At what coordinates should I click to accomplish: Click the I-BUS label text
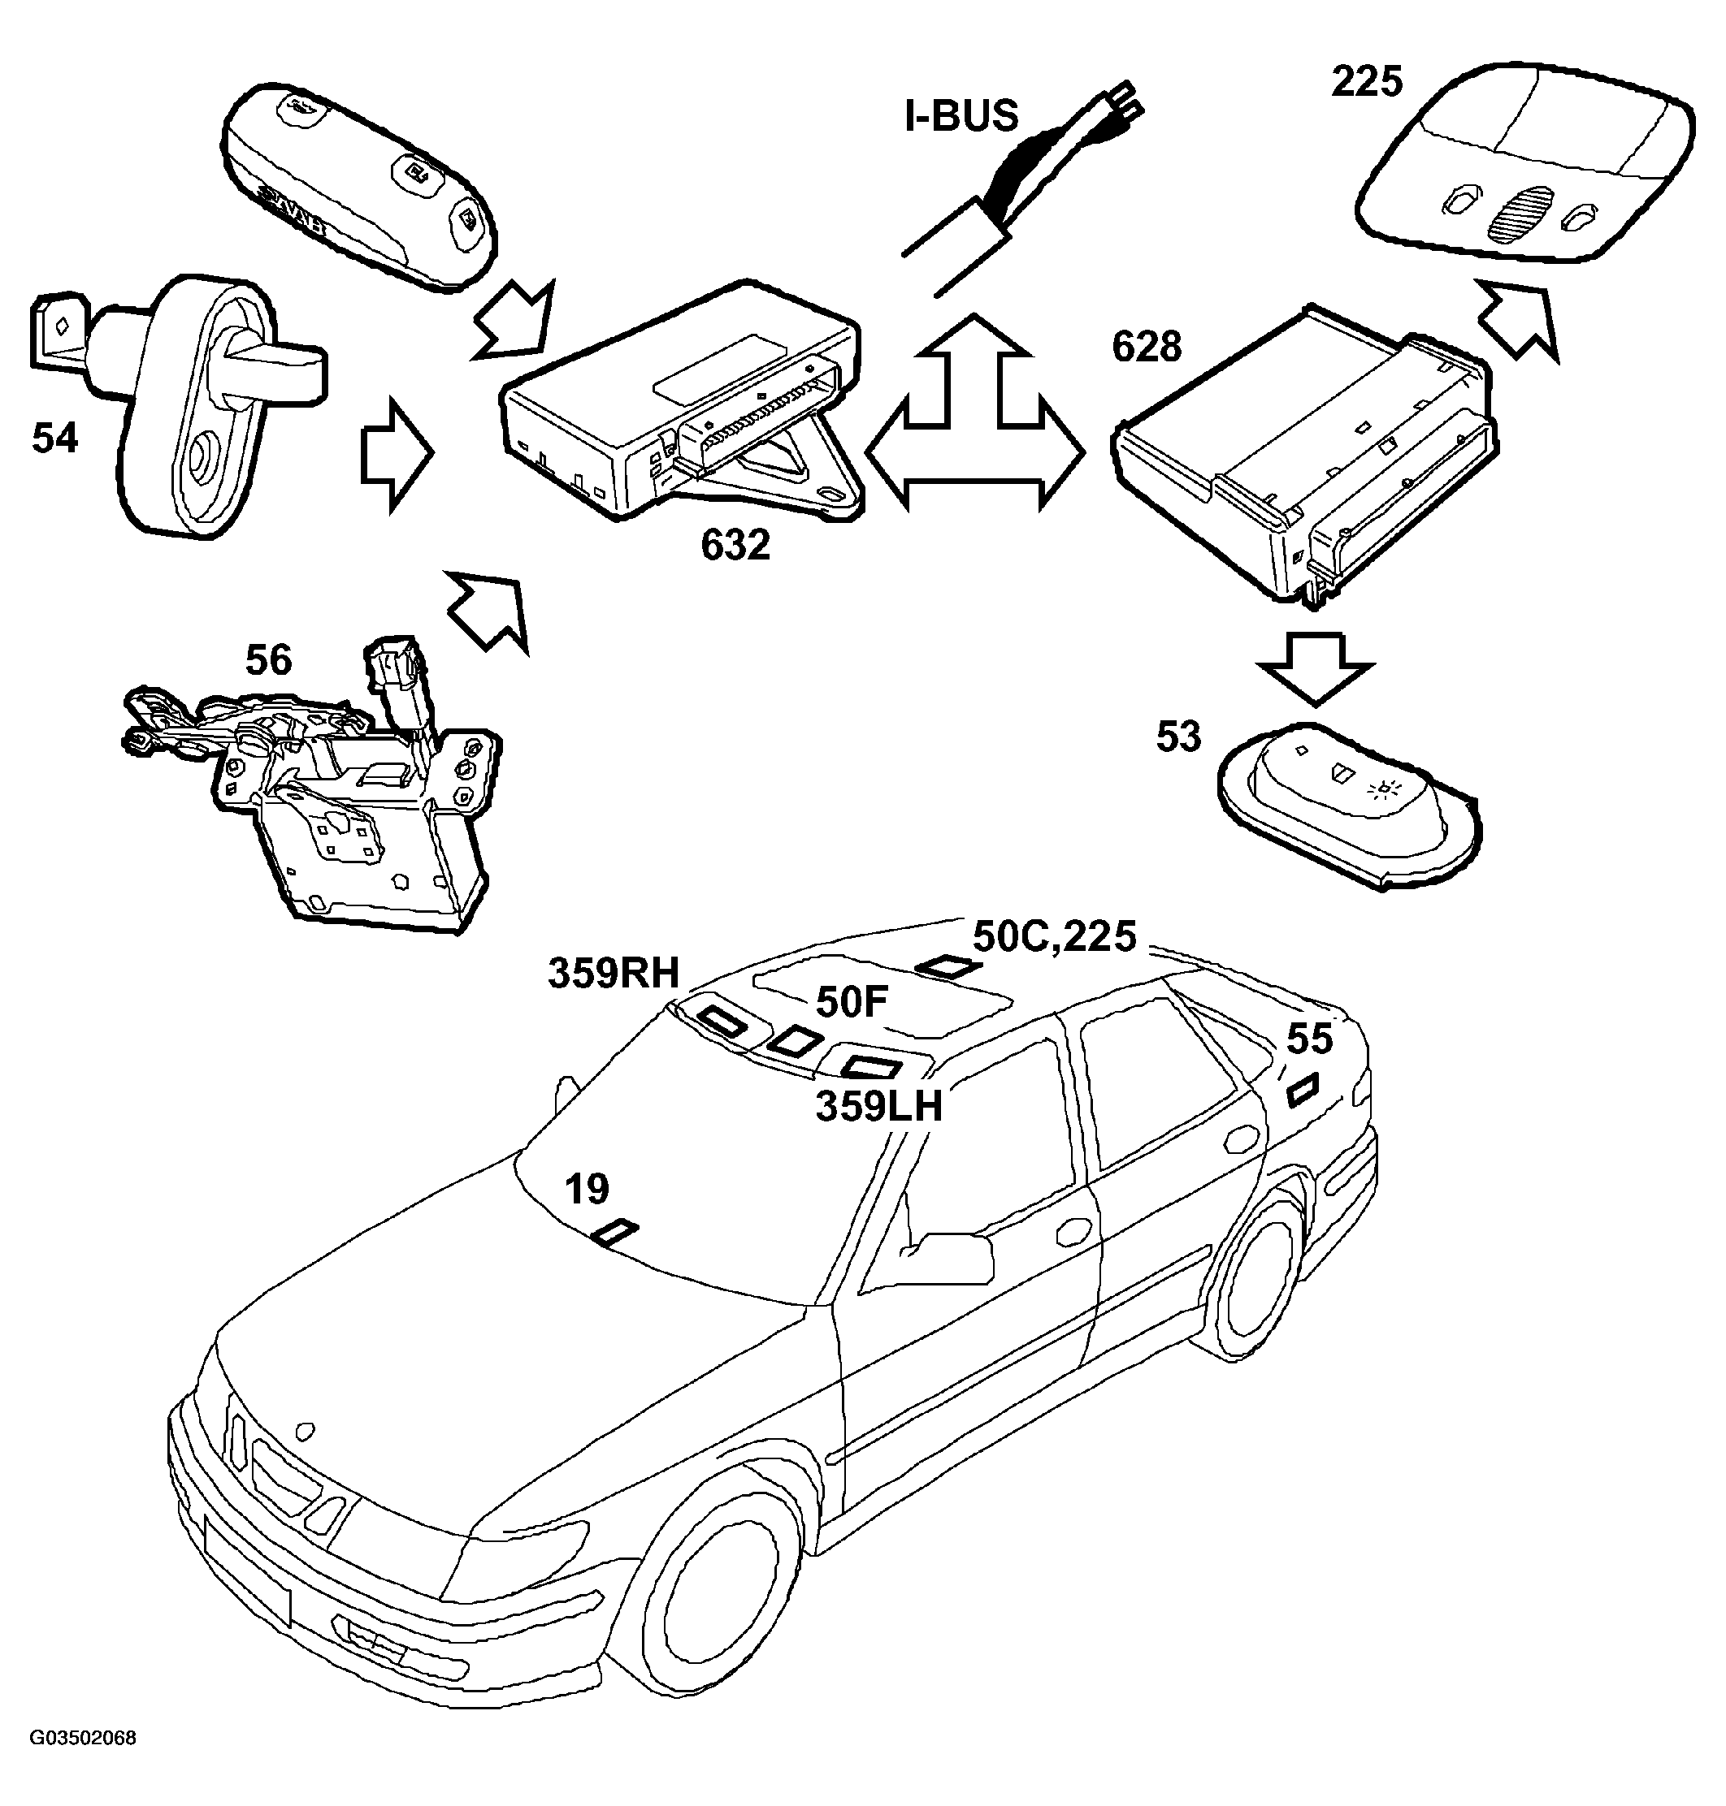[x=962, y=117]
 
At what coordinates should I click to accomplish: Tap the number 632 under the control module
[x=735, y=546]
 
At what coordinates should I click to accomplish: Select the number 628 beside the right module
[x=1147, y=347]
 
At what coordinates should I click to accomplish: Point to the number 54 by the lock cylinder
[x=55, y=438]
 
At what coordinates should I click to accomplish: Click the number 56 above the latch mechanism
[x=269, y=660]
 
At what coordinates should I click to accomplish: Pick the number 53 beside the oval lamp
[x=1178, y=737]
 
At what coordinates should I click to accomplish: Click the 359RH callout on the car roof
[x=614, y=973]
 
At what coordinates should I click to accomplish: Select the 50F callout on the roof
[x=851, y=1002]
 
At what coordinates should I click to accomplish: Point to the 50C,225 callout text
[x=1054, y=937]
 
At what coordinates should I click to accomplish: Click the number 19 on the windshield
[x=587, y=1190]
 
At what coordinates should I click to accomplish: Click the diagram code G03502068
[x=83, y=1738]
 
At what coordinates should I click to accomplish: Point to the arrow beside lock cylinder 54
[x=396, y=454]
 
